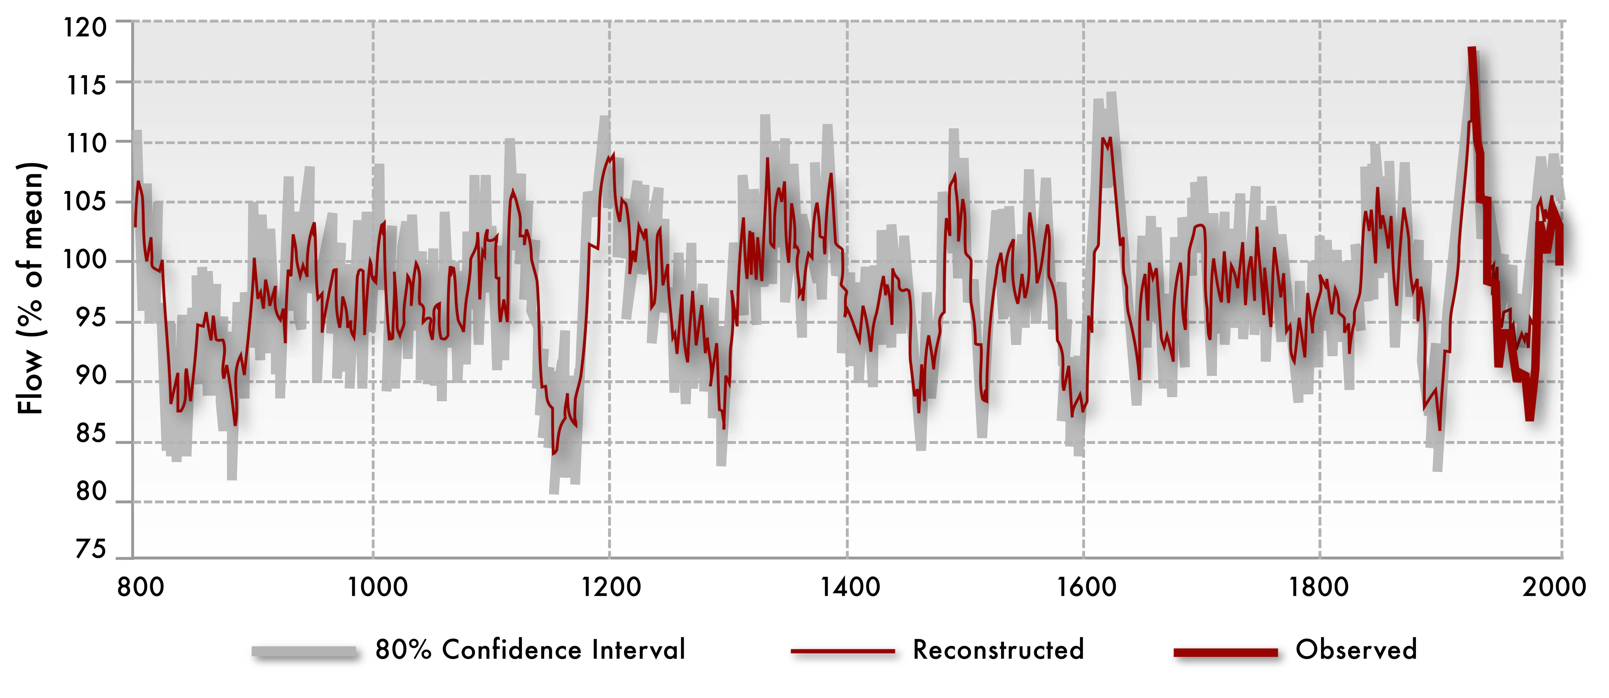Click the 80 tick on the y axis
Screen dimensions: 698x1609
tap(91, 492)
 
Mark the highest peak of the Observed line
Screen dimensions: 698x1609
tap(1472, 50)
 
